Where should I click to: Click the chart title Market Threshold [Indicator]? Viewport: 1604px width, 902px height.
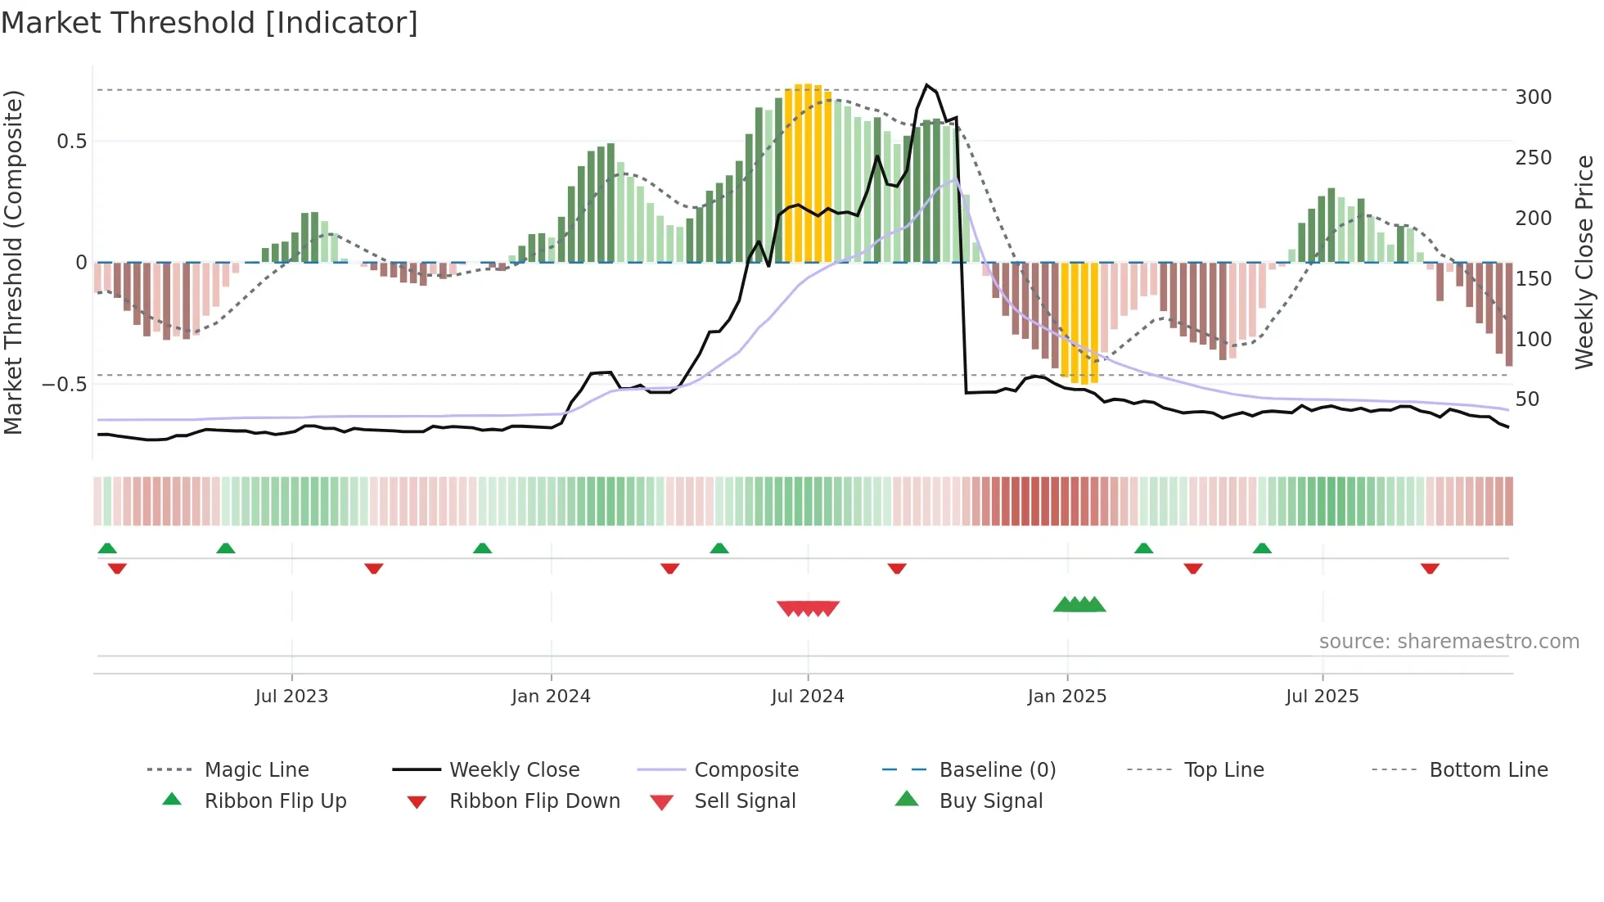click(210, 23)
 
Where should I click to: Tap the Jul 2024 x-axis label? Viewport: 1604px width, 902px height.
click(807, 696)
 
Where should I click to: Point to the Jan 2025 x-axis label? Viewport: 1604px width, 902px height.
click(1066, 696)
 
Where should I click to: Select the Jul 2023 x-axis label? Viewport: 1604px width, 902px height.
click(291, 696)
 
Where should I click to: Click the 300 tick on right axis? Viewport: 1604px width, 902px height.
click(1533, 97)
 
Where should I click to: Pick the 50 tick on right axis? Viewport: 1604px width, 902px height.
click(1527, 399)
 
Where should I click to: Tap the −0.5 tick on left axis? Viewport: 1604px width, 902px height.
click(64, 384)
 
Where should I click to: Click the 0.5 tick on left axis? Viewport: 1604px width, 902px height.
click(71, 142)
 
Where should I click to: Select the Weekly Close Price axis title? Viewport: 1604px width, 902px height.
click(1584, 262)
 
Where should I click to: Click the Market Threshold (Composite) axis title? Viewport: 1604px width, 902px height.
click(13, 262)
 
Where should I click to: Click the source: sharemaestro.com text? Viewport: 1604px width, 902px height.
click(1449, 642)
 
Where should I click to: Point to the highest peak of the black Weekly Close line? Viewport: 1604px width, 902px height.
click(926, 84)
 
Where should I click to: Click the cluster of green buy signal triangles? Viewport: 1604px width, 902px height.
click(1079, 605)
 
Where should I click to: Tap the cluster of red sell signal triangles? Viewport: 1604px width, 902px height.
click(808, 608)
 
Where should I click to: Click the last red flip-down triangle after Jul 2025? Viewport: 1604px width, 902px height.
click(1430, 568)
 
